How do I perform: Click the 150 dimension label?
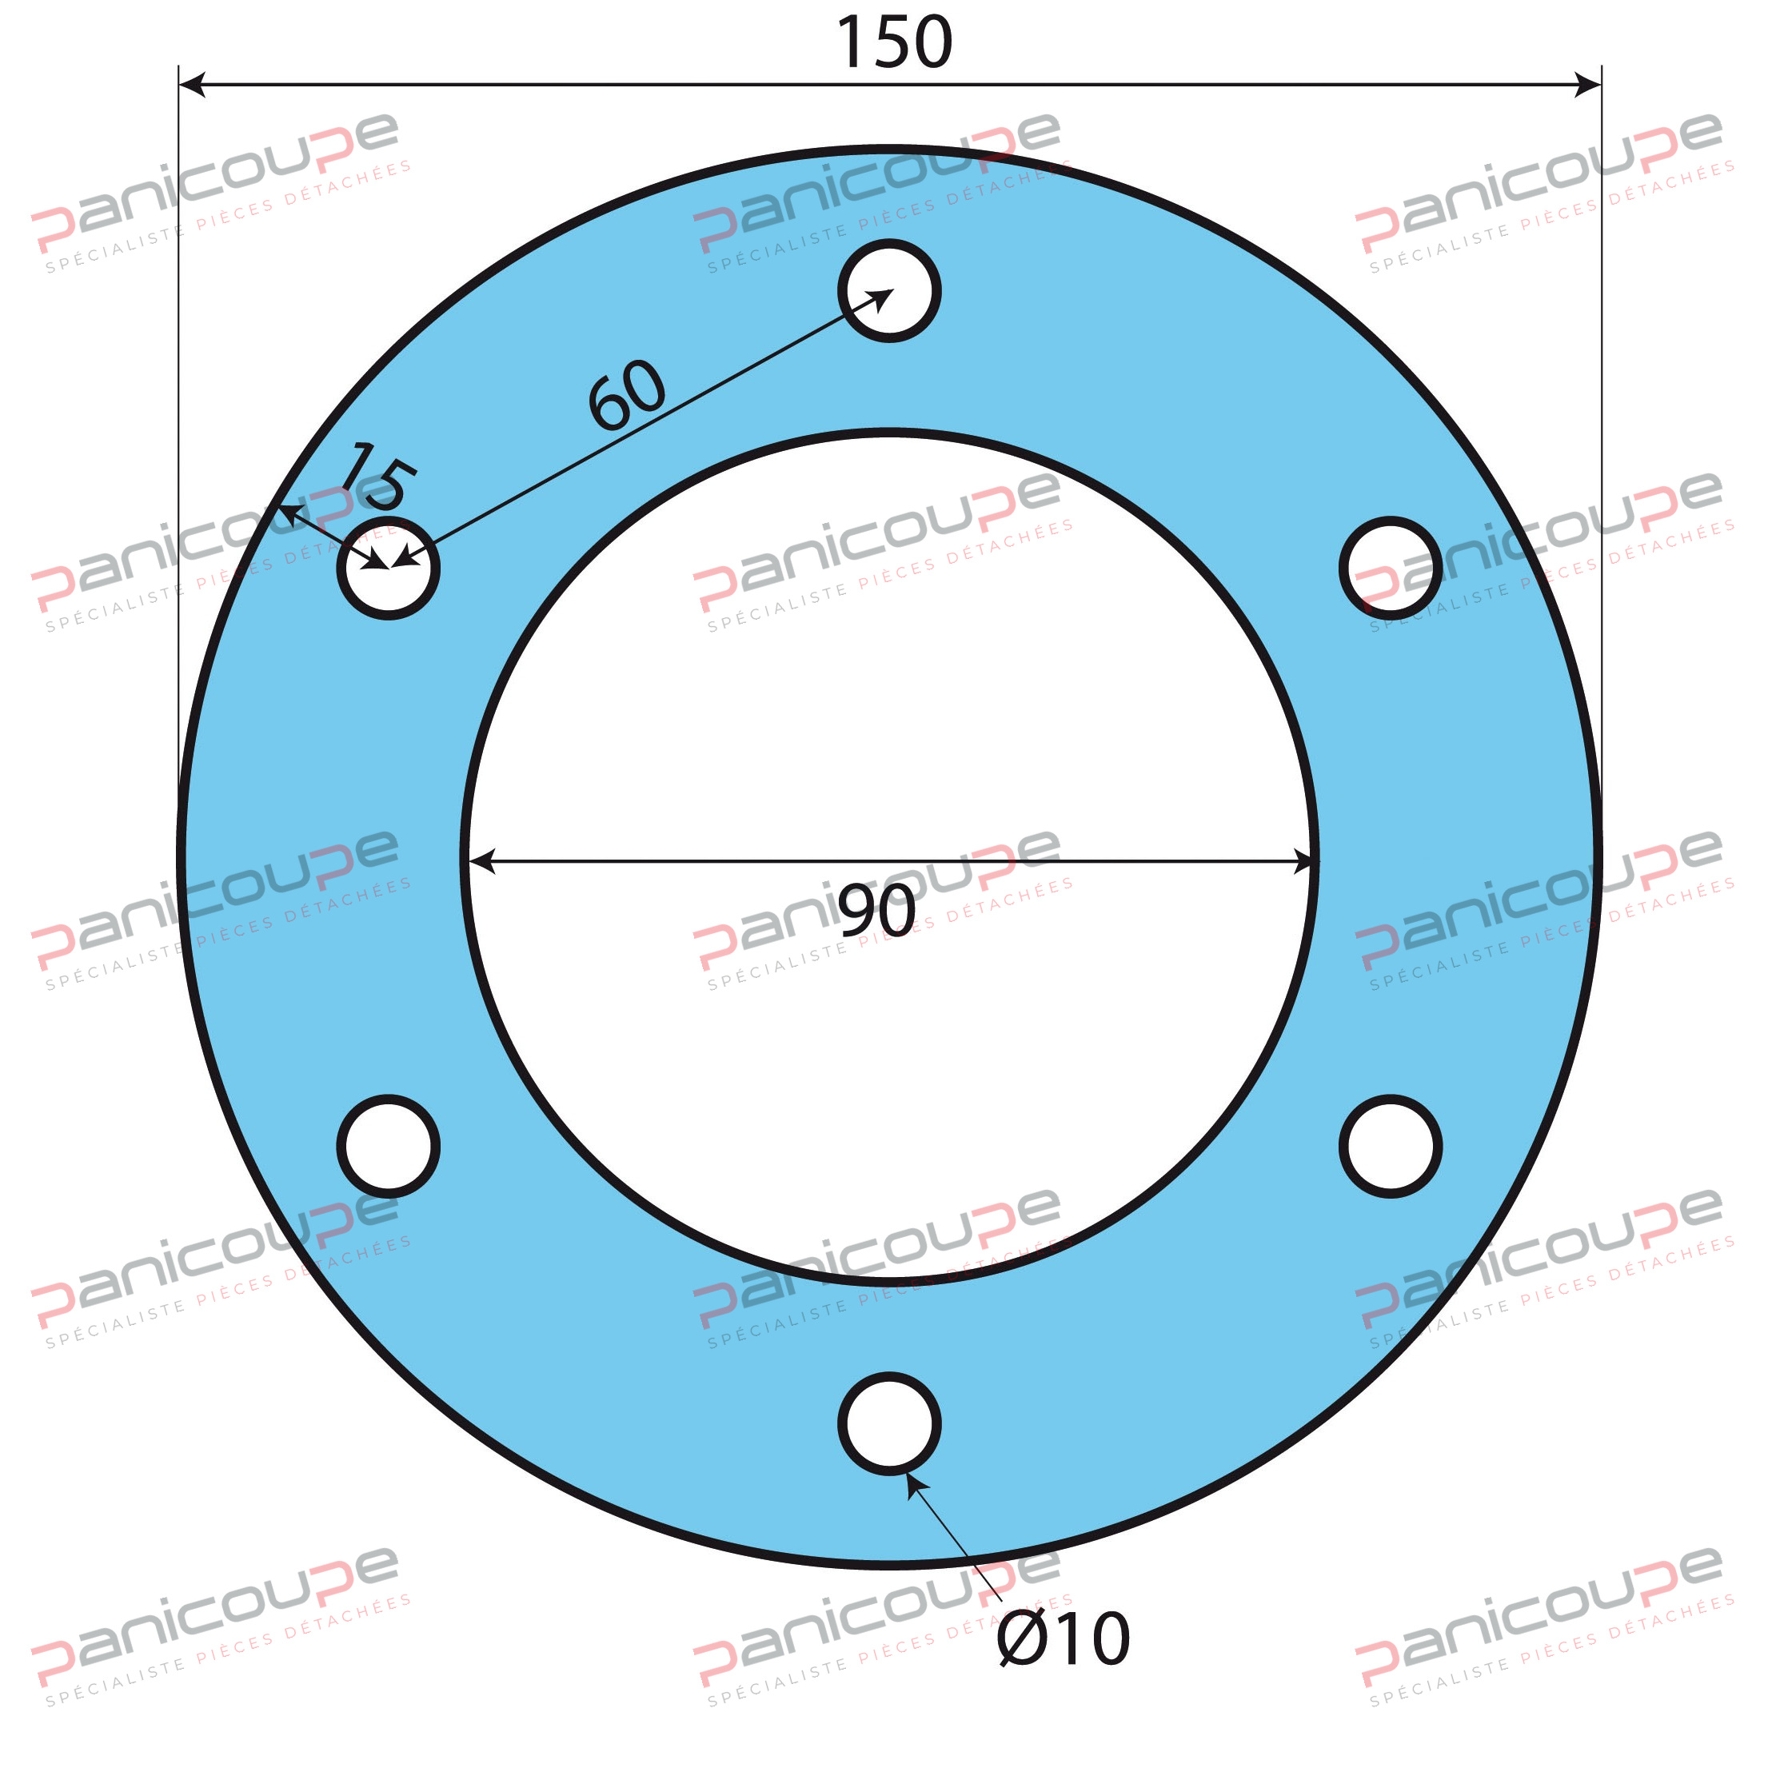(892, 42)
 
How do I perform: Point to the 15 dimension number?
(377, 477)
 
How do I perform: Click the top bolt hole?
(889, 291)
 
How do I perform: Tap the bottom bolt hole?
(889, 1423)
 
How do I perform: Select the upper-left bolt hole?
(388, 569)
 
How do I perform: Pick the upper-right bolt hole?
(1391, 569)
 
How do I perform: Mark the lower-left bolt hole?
(388, 1146)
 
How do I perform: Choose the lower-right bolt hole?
(1391, 1146)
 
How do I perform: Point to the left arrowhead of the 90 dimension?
(481, 861)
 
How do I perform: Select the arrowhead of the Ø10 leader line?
(912, 1483)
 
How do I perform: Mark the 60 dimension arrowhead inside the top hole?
(883, 297)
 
